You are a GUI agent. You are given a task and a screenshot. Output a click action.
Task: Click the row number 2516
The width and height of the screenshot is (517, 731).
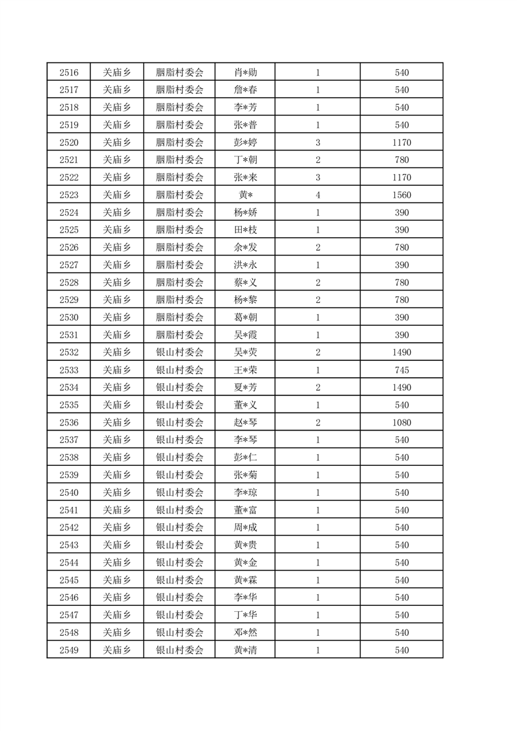[x=68, y=72]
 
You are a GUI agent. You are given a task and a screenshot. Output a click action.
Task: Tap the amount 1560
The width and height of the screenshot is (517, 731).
[x=402, y=195]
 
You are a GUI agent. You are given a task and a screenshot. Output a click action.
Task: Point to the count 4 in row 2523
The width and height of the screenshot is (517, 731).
[x=318, y=195]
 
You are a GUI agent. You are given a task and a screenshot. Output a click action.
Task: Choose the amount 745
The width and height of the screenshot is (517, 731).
[x=402, y=370]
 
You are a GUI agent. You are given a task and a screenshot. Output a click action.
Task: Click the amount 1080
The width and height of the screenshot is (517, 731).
[x=402, y=423]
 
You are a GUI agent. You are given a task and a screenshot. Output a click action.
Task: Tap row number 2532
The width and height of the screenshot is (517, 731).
[x=68, y=352]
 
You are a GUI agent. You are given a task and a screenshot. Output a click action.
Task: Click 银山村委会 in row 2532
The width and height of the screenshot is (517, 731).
[x=180, y=352]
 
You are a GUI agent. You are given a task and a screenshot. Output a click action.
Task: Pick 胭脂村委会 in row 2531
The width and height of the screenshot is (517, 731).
[x=180, y=335]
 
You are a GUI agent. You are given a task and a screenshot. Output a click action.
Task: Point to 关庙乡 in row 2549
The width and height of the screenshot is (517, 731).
[x=117, y=650]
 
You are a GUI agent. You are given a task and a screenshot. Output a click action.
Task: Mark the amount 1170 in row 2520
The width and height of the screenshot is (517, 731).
[x=402, y=143]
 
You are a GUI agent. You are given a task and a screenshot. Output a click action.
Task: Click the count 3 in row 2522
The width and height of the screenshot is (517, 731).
[x=318, y=177]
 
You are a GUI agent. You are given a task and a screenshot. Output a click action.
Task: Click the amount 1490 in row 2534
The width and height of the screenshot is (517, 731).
[x=402, y=388]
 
